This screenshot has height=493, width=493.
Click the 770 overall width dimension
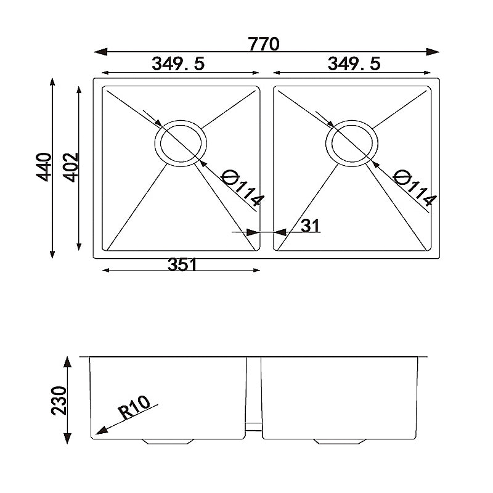pyautogui.click(x=264, y=44)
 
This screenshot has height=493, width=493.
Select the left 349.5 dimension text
pyautogui.click(x=178, y=63)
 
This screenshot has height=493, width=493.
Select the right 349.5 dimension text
pyautogui.click(x=354, y=63)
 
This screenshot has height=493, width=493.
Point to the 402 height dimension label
pyautogui.click(x=70, y=166)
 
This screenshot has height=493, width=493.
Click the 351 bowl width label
pyautogui.click(x=182, y=264)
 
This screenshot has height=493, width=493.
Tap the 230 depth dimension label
pyautogui.click(x=59, y=401)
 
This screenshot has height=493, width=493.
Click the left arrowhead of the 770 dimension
pyautogui.click(x=99, y=52)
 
